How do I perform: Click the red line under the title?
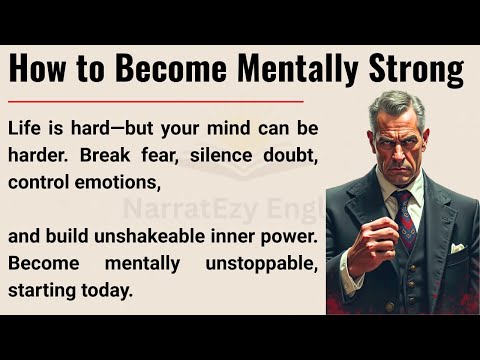pyautogui.click(x=155, y=101)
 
